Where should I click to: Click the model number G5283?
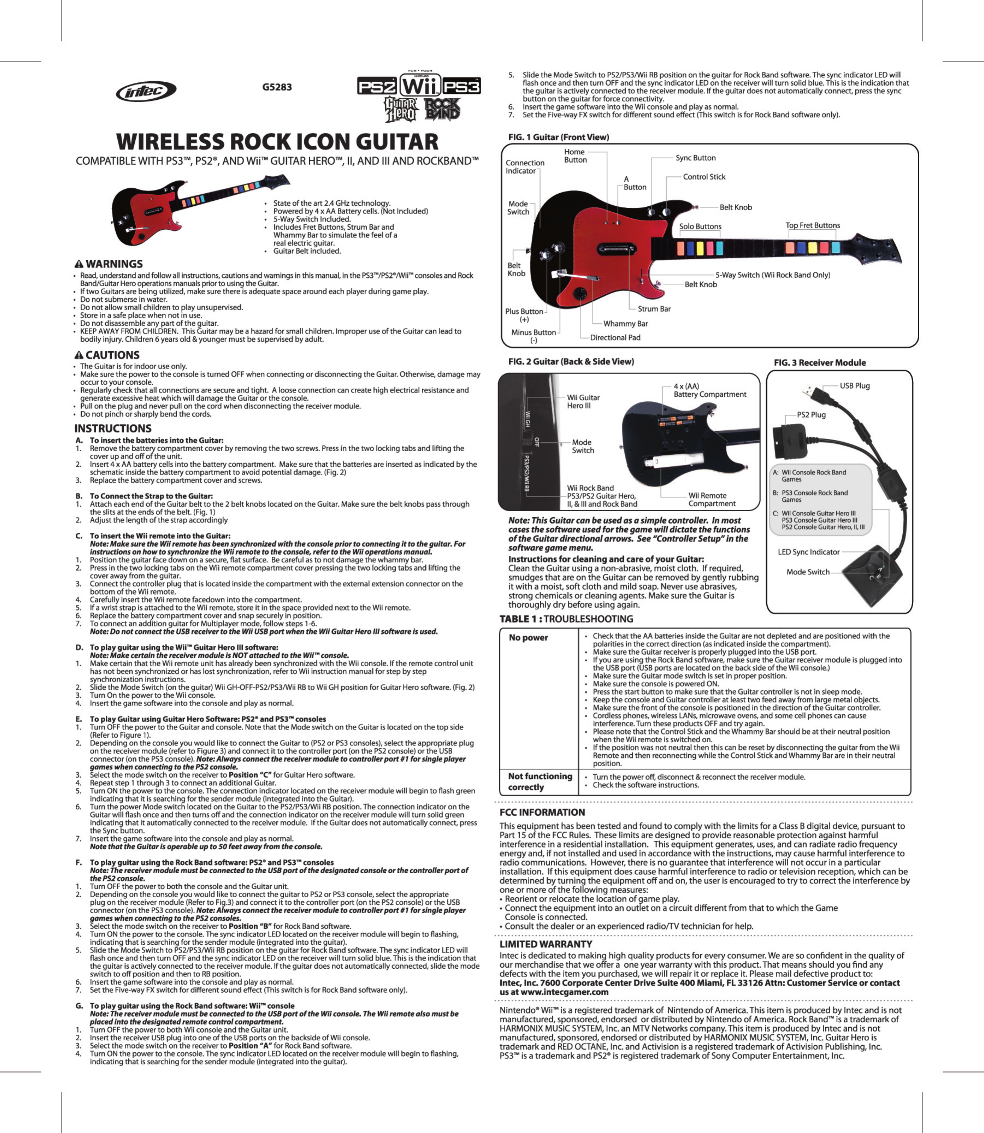(277, 87)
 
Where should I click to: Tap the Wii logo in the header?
(420, 86)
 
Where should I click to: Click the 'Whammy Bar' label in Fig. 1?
(626, 324)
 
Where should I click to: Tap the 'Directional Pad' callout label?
(615, 338)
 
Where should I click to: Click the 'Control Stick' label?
(704, 177)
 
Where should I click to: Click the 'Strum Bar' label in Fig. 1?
(654, 309)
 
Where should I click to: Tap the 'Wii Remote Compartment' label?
(712, 500)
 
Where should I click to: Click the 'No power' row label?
(528, 637)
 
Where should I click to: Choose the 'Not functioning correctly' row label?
(540, 782)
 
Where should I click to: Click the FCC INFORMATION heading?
(542, 812)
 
